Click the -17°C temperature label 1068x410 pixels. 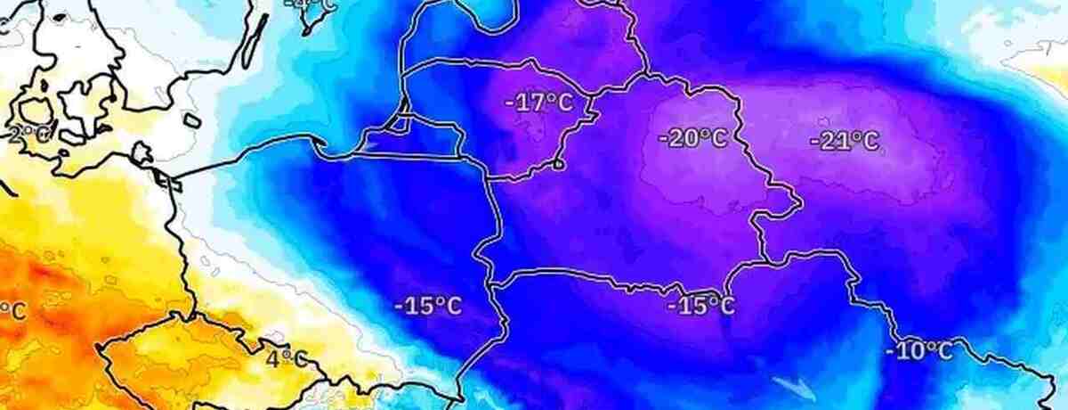pos(538,103)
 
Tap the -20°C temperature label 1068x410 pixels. pos(692,138)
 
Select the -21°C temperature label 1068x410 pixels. pos(844,141)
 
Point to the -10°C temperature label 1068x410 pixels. pos(918,350)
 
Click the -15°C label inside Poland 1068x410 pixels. pos(428,307)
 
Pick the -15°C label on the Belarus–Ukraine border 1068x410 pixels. pos(700,306)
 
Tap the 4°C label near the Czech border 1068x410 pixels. pos(287,359)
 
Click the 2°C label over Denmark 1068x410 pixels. pos(27,135)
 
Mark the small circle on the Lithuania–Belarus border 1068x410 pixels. pos(558,164)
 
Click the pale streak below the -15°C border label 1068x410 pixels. pos(791,386)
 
